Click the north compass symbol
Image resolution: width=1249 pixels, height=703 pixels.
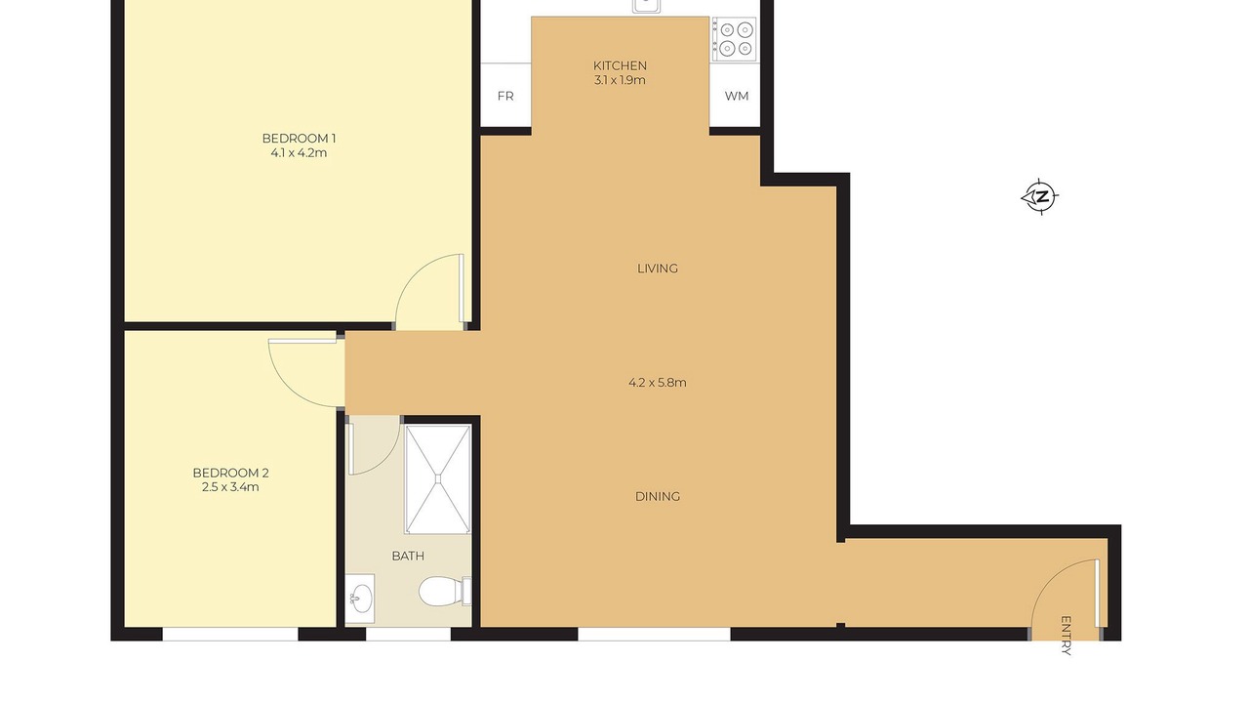point(1040,196)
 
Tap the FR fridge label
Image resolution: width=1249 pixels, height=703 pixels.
point(505,96)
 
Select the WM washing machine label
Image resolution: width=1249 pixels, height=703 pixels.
point(737,96)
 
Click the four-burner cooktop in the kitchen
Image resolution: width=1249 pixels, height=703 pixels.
point(735,39)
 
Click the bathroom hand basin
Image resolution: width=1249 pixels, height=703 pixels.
point(360,599)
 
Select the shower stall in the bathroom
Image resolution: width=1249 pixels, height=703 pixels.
point(438,479)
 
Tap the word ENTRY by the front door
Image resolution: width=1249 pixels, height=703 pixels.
point(1066,635)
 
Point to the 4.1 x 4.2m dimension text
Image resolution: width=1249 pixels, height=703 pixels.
point(299,153)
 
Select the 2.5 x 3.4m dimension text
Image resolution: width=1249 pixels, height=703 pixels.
point(230,487)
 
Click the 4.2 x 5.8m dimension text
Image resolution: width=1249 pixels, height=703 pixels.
point(658,383)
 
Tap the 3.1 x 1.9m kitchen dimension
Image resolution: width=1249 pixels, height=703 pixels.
point(620,80)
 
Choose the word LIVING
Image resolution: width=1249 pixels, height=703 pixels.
point(658,269)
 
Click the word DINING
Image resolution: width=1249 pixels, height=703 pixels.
point(658,497)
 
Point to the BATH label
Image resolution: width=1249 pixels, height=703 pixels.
point(408,556)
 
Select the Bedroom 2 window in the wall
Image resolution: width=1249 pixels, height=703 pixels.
point(230,634)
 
